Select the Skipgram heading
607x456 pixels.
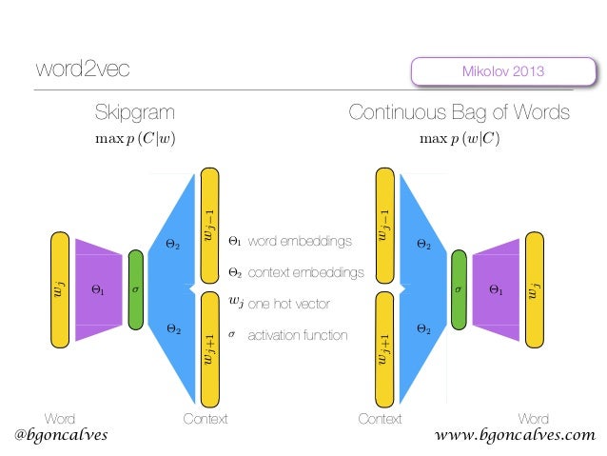pos(134,114)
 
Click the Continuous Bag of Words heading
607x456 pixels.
pos(460,114)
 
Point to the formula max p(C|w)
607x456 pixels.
pos(135,139)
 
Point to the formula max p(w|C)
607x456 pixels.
pos(460,139)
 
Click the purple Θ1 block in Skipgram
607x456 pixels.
pos(99,289)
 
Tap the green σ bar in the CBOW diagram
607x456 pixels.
pos(460,287)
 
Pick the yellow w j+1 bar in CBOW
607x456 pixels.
pos(384,348)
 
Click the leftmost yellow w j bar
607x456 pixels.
pos(59,289)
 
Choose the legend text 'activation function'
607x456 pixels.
pos(298,335)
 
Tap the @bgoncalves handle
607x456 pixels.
pos(61,435)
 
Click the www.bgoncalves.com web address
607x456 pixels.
pos(514,435)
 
